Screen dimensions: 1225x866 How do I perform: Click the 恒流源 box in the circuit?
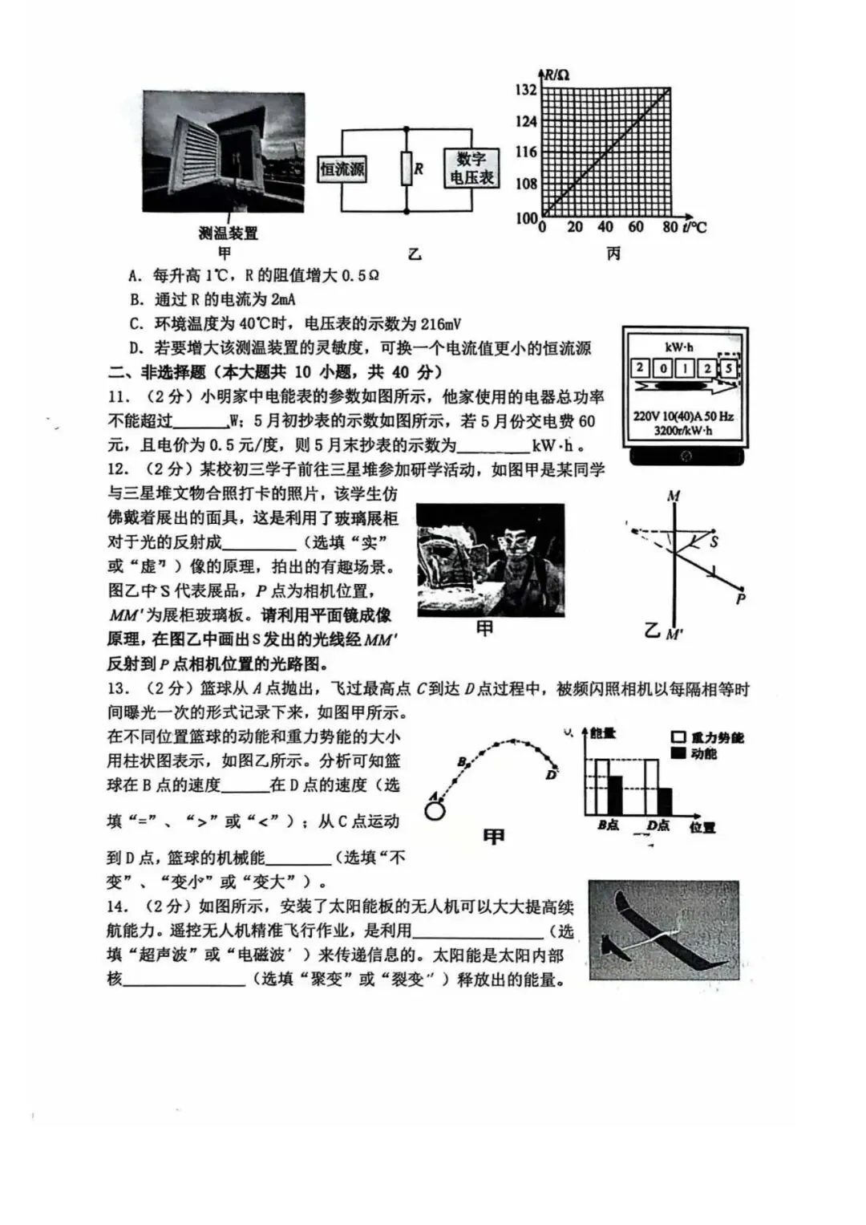pyautogui.click(x=342, y=168)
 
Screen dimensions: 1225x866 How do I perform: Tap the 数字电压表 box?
pyautogui.click(x=471, y=168)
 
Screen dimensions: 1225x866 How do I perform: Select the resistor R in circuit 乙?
pyautogui.click(x=407, y=169)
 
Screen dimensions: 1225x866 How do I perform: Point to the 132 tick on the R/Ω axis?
pyautogui.click(x=526, y=90)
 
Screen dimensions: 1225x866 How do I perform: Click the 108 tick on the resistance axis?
pyautogui.click(x=526, y=184)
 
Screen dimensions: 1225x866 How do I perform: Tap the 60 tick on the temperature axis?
pyautogui.click(x=636, y=227)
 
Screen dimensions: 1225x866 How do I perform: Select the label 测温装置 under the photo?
pyautogui.click(x=229, y=233)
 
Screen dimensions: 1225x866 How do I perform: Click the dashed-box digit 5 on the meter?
pyautogui.click(x=727, y=369)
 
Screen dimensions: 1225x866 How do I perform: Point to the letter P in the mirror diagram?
pyautogui.click(x=741, y=598)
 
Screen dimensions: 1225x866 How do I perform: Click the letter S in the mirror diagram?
pyautogui.click(x=714, y=542)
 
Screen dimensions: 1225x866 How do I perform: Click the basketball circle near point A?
pyautogui.click(x=435, y=810)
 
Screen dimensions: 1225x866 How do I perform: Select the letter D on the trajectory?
pyautogui.click(x=551, y=775)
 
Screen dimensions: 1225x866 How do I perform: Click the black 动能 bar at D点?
pyautogui.click(x=664, y=801)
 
